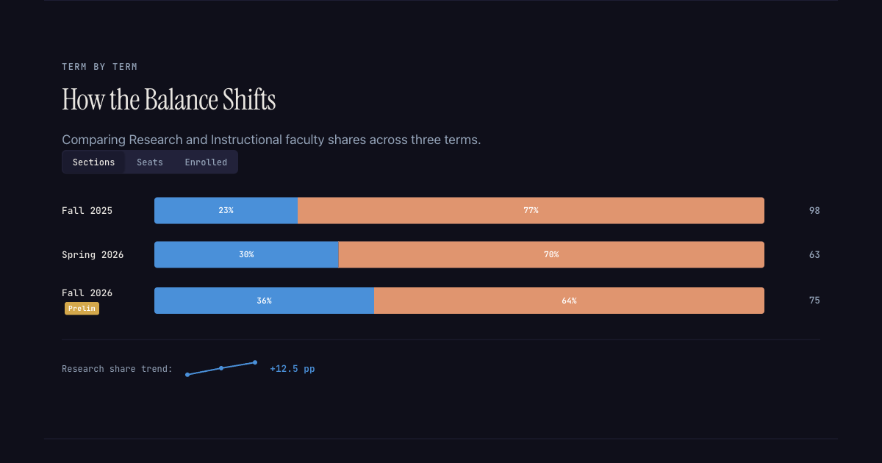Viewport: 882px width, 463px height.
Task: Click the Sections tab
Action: (93, 162)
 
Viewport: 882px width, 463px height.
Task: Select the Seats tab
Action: (150, 162)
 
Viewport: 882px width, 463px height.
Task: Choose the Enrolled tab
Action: (206, 162)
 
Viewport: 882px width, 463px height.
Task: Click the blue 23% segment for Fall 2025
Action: (226, 210)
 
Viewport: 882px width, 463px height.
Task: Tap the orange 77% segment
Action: (531, 210)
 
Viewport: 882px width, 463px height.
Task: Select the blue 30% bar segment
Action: (246, 254)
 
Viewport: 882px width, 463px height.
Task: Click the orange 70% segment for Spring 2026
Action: (551, 254)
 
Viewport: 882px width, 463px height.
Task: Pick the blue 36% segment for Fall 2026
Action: (264, 301)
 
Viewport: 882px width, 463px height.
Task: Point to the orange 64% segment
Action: (569, 301)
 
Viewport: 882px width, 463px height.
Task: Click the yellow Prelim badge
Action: (82, 309)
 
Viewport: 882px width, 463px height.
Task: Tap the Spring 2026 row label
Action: (93, 255)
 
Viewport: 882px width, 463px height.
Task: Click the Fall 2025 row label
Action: (87, 211)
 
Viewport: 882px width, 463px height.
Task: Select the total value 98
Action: (814, 211)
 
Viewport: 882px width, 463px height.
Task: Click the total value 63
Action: (814, 255)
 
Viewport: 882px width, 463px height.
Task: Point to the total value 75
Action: (814, 301)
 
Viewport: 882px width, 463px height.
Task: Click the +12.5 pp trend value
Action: (293, 369)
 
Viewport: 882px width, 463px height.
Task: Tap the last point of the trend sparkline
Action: (255, 362)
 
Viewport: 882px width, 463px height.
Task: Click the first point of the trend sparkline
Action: (187, 375)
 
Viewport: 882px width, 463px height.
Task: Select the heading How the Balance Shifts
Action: (168, 100)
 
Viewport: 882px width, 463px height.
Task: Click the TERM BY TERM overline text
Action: (99, 67)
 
